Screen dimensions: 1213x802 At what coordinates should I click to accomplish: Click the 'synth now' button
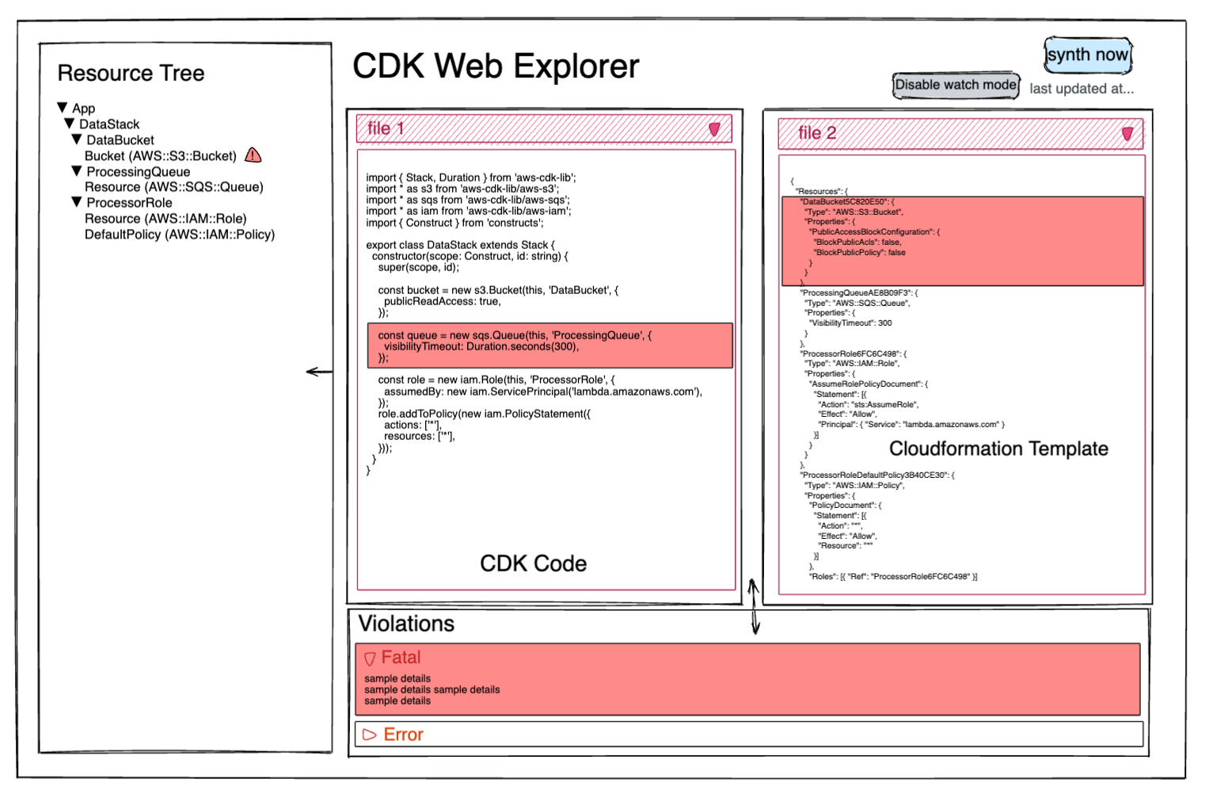(x=1088, y=55)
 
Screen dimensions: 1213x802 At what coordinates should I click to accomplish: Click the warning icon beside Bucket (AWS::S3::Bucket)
(x=253, y=155)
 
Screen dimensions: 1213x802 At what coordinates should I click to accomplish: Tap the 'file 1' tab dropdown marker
(x=714, y=129)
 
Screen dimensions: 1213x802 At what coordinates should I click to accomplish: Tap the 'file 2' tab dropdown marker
(x=1127, y=134)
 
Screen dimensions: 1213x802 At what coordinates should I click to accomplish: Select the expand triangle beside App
(x=63, y=108)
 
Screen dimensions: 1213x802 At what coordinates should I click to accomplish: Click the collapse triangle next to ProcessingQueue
(x=77, y=171)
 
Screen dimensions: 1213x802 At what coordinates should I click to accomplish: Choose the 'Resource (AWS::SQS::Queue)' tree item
(x=174, y=187)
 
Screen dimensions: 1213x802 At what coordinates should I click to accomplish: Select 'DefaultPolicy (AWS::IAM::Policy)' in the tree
(x=180, y=235)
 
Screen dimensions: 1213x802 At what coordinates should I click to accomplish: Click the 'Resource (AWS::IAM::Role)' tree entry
(x=165, y=219)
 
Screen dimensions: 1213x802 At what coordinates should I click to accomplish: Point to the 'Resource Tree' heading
(x=131, y=73)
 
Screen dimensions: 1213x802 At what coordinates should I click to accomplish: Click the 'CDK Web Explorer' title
(x=496, y=66)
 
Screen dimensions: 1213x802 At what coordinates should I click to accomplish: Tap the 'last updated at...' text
(x=1082, y=89)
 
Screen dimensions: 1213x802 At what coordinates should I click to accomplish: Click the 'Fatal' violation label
(x=401, y=657)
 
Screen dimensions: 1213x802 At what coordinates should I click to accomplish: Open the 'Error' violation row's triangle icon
(x=369, y=735)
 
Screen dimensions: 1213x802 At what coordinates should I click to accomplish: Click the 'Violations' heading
(x=406, y=624)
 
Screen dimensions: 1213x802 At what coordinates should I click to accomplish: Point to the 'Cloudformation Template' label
(x=998, y=449)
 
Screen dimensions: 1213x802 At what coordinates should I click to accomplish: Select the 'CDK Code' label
(x=534, y=563)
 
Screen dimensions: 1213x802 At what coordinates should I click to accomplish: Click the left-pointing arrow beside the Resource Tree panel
(x=319, y=372)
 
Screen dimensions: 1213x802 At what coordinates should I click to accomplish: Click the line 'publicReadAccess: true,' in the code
(x=443, y=301)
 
